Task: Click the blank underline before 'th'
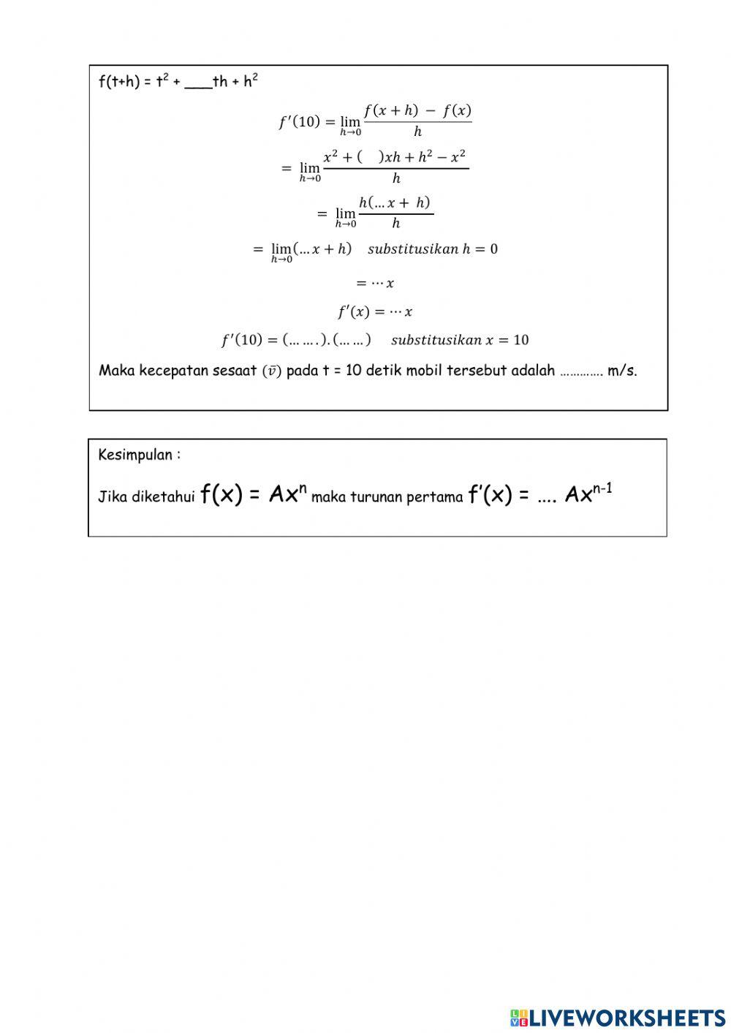(x=197, y=83)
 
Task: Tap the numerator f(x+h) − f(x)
(x=417, y=111)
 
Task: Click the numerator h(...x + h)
(x=395, y=203)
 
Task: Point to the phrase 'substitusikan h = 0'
(x=433, y=249)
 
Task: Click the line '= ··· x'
(x=375, y=283)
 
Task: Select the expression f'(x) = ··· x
(x=375, y=312)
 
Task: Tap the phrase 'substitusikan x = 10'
(x=460, y=340)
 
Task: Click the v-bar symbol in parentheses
(x=271, y=371)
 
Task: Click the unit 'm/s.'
(x=622, y=371)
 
